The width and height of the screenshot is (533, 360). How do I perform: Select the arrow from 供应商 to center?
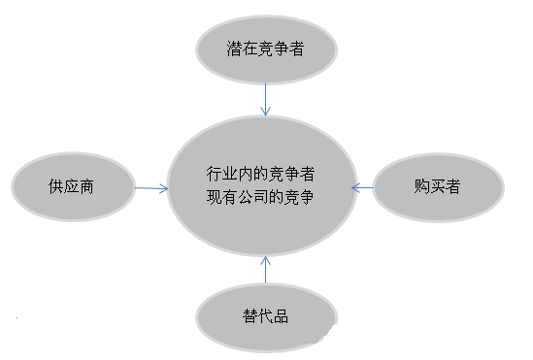(150, 187)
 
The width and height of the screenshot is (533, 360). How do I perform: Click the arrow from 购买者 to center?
(362, 187)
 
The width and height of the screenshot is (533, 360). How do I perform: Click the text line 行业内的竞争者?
(261, 174)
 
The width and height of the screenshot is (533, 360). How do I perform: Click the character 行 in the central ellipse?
(215, 174)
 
